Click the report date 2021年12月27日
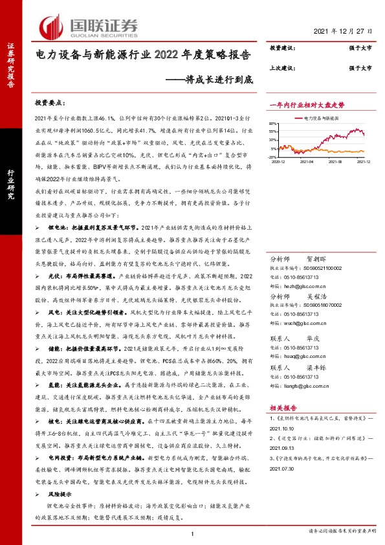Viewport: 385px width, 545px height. coord(342,31)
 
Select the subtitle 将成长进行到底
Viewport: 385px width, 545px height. coord(214,80)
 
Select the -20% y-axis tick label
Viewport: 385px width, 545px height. coord(273,157)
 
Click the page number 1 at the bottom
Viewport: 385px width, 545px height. coord(192,532)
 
